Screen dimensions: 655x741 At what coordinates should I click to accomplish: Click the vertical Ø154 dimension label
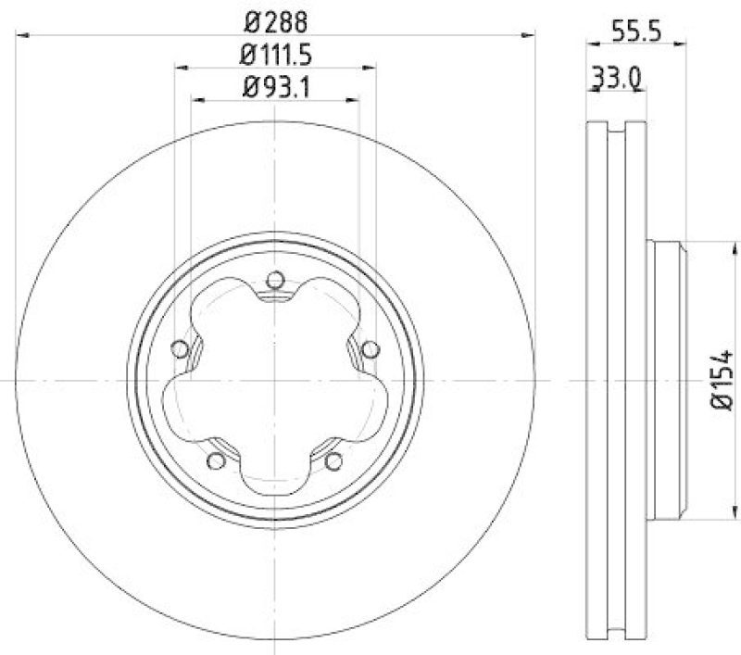tap(722, 381)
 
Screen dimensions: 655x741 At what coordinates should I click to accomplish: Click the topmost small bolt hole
tap(274, 279)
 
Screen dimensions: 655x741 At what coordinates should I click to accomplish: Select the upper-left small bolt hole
tap(180, 348)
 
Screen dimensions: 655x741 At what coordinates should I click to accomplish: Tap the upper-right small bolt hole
tap(370, 348)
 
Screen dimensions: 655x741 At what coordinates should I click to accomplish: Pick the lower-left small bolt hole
tap(216, 460)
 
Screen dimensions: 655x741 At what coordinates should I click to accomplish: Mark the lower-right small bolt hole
tap(333, 460)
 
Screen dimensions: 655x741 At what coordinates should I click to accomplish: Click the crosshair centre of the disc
tap(275, 381)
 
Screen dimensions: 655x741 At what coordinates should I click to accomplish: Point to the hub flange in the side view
tap(667, 381)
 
